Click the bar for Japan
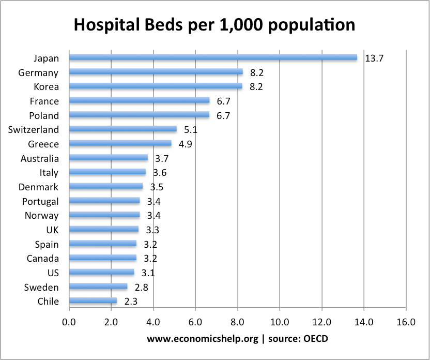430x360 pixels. [x=212, y=58]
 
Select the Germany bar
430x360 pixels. [x=155, y=72]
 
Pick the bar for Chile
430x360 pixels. [x=93, y=301]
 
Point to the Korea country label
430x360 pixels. [x=46, y=87]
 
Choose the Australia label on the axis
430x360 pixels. [x=39, y=159]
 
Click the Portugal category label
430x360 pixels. [x=40, y=202]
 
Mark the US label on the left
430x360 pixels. [x=52, y=273]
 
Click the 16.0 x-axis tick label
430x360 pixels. [x=406, y=323]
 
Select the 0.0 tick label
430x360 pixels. [x=69, y=323]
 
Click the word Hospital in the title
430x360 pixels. [x=108, y=25]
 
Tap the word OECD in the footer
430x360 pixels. [x=316, y=339]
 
